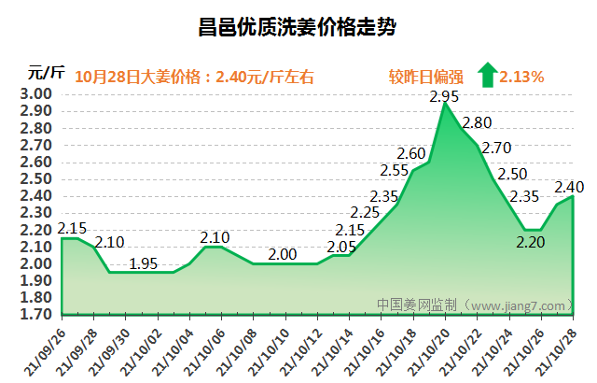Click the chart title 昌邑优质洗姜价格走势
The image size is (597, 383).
[x=298, y=28]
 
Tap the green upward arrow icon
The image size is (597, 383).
[x=486, y=76]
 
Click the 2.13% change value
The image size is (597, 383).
[x=521, y=77]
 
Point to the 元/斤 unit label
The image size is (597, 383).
[x=46, y=72]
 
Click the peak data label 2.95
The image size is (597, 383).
[x=445, y=96]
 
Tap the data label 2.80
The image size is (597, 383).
[x=477, y=122]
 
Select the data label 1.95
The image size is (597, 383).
[x=144, y=263]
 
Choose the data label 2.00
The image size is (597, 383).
[x=283, y=254]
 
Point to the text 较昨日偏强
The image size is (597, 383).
[x=425, y=77]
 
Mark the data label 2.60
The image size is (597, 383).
[x=411, y=154]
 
